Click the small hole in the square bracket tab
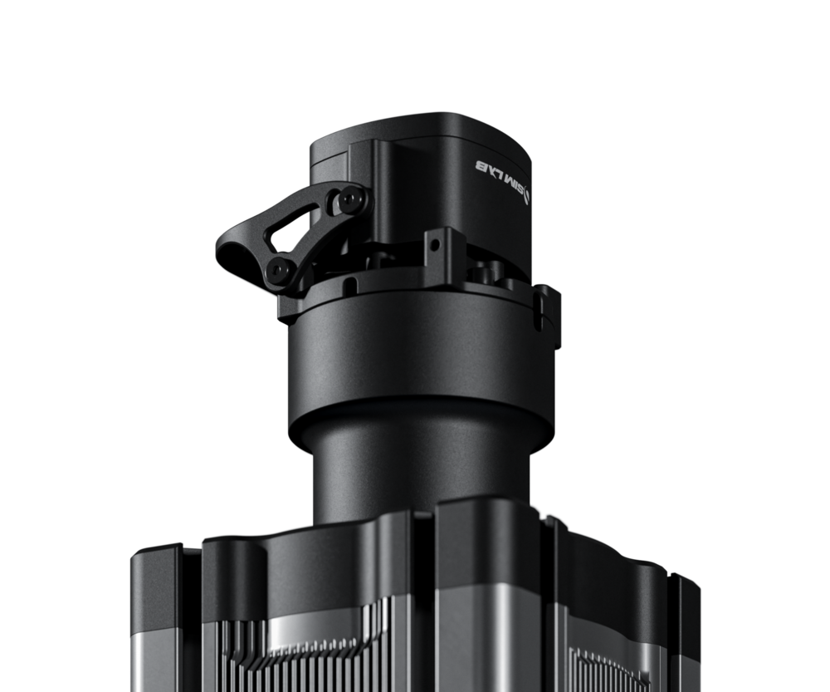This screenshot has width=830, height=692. point(435,245)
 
